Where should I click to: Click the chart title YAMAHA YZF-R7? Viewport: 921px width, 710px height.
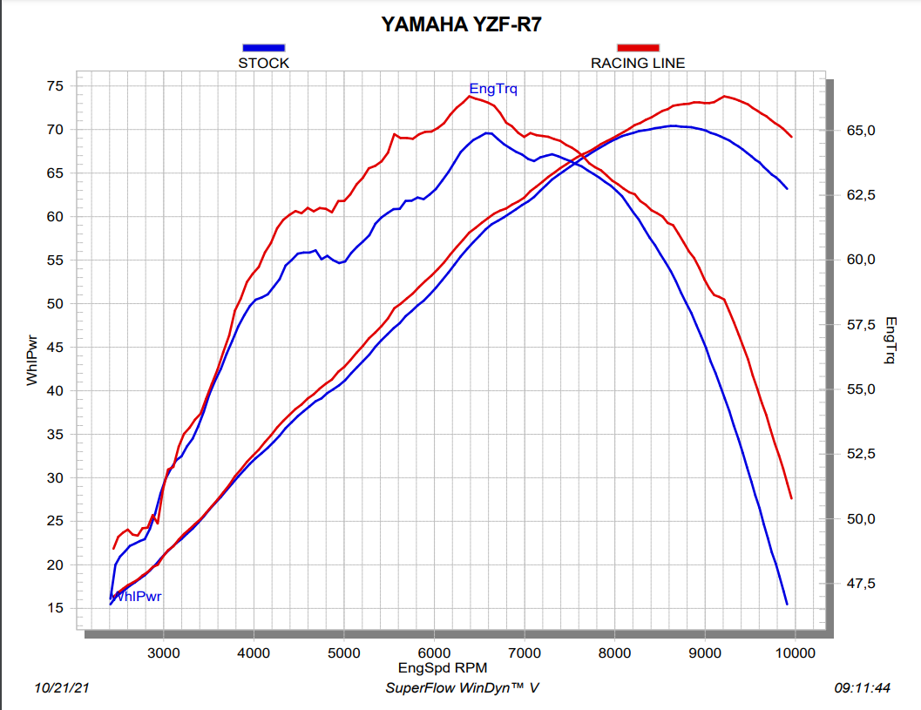462,24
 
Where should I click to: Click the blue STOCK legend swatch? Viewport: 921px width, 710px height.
263,48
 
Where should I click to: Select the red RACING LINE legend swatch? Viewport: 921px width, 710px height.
638,48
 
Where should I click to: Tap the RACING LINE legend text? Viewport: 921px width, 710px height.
638,63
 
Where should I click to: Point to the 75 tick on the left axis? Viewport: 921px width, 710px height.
55,85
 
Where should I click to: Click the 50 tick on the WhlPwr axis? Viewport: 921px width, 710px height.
55,303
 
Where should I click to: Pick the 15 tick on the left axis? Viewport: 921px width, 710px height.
55,608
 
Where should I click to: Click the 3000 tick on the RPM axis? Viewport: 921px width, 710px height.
163,653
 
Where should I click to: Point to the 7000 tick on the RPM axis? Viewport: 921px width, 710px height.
525,653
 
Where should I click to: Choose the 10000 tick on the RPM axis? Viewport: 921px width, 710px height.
795,653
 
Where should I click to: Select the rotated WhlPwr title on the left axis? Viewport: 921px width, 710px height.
32,362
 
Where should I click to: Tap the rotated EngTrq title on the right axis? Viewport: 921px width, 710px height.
890,340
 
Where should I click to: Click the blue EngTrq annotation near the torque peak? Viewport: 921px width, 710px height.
493,88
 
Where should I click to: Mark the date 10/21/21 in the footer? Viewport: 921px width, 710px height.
62,688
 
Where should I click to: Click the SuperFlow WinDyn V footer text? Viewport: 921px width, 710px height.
462,688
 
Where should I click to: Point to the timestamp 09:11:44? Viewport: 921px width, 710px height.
862,688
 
